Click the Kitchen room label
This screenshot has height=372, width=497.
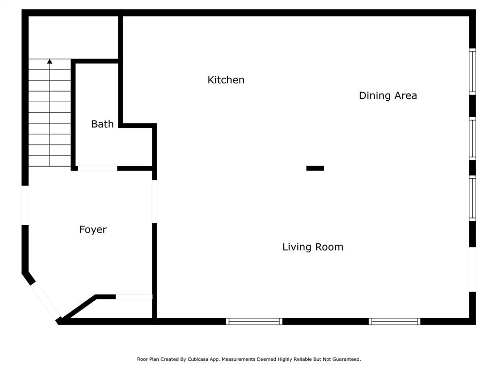pyautogui.click(x=226, y=80)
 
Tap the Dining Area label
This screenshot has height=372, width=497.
pyautogui.click(x=388, y=95)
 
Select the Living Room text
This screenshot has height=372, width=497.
pyautogui.click(x=313, y=247)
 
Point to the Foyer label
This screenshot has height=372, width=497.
pyautogui.click(x=93, y=229)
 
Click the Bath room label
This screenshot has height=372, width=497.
pyautogui.click(x=102, y=124)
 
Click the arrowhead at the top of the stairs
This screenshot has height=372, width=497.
pyautogui.click(x=50, y=62)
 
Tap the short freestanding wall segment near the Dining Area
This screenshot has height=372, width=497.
pyautogui.click(x=315, y=168)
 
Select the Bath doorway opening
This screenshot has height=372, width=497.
pyautogui.click(x=98, y=168)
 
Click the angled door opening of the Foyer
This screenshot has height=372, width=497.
pyautogui.click(x=45, y=300)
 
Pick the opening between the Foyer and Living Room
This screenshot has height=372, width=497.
pyautogui.click(x=154, y=201)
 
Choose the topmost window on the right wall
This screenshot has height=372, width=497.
pyautogui.click(x=472, y=72)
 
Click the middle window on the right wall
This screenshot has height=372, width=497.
pyautogui.click(x=472, y=139)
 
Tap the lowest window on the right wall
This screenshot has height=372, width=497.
pyautogui.click(x=472, y=198)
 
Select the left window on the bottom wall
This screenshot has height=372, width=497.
pyautogui.click(x=254, y=322)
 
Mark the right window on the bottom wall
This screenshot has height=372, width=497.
pyautogui.click(x=394, y=322)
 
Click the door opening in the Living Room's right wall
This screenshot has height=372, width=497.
pyautogui.click(x=472, y=269)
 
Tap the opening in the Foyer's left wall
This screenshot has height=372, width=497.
pyautogui.click(x=25, y=205)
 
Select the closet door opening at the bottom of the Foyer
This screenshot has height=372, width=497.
pyautogui.click(x=134, y=297)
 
